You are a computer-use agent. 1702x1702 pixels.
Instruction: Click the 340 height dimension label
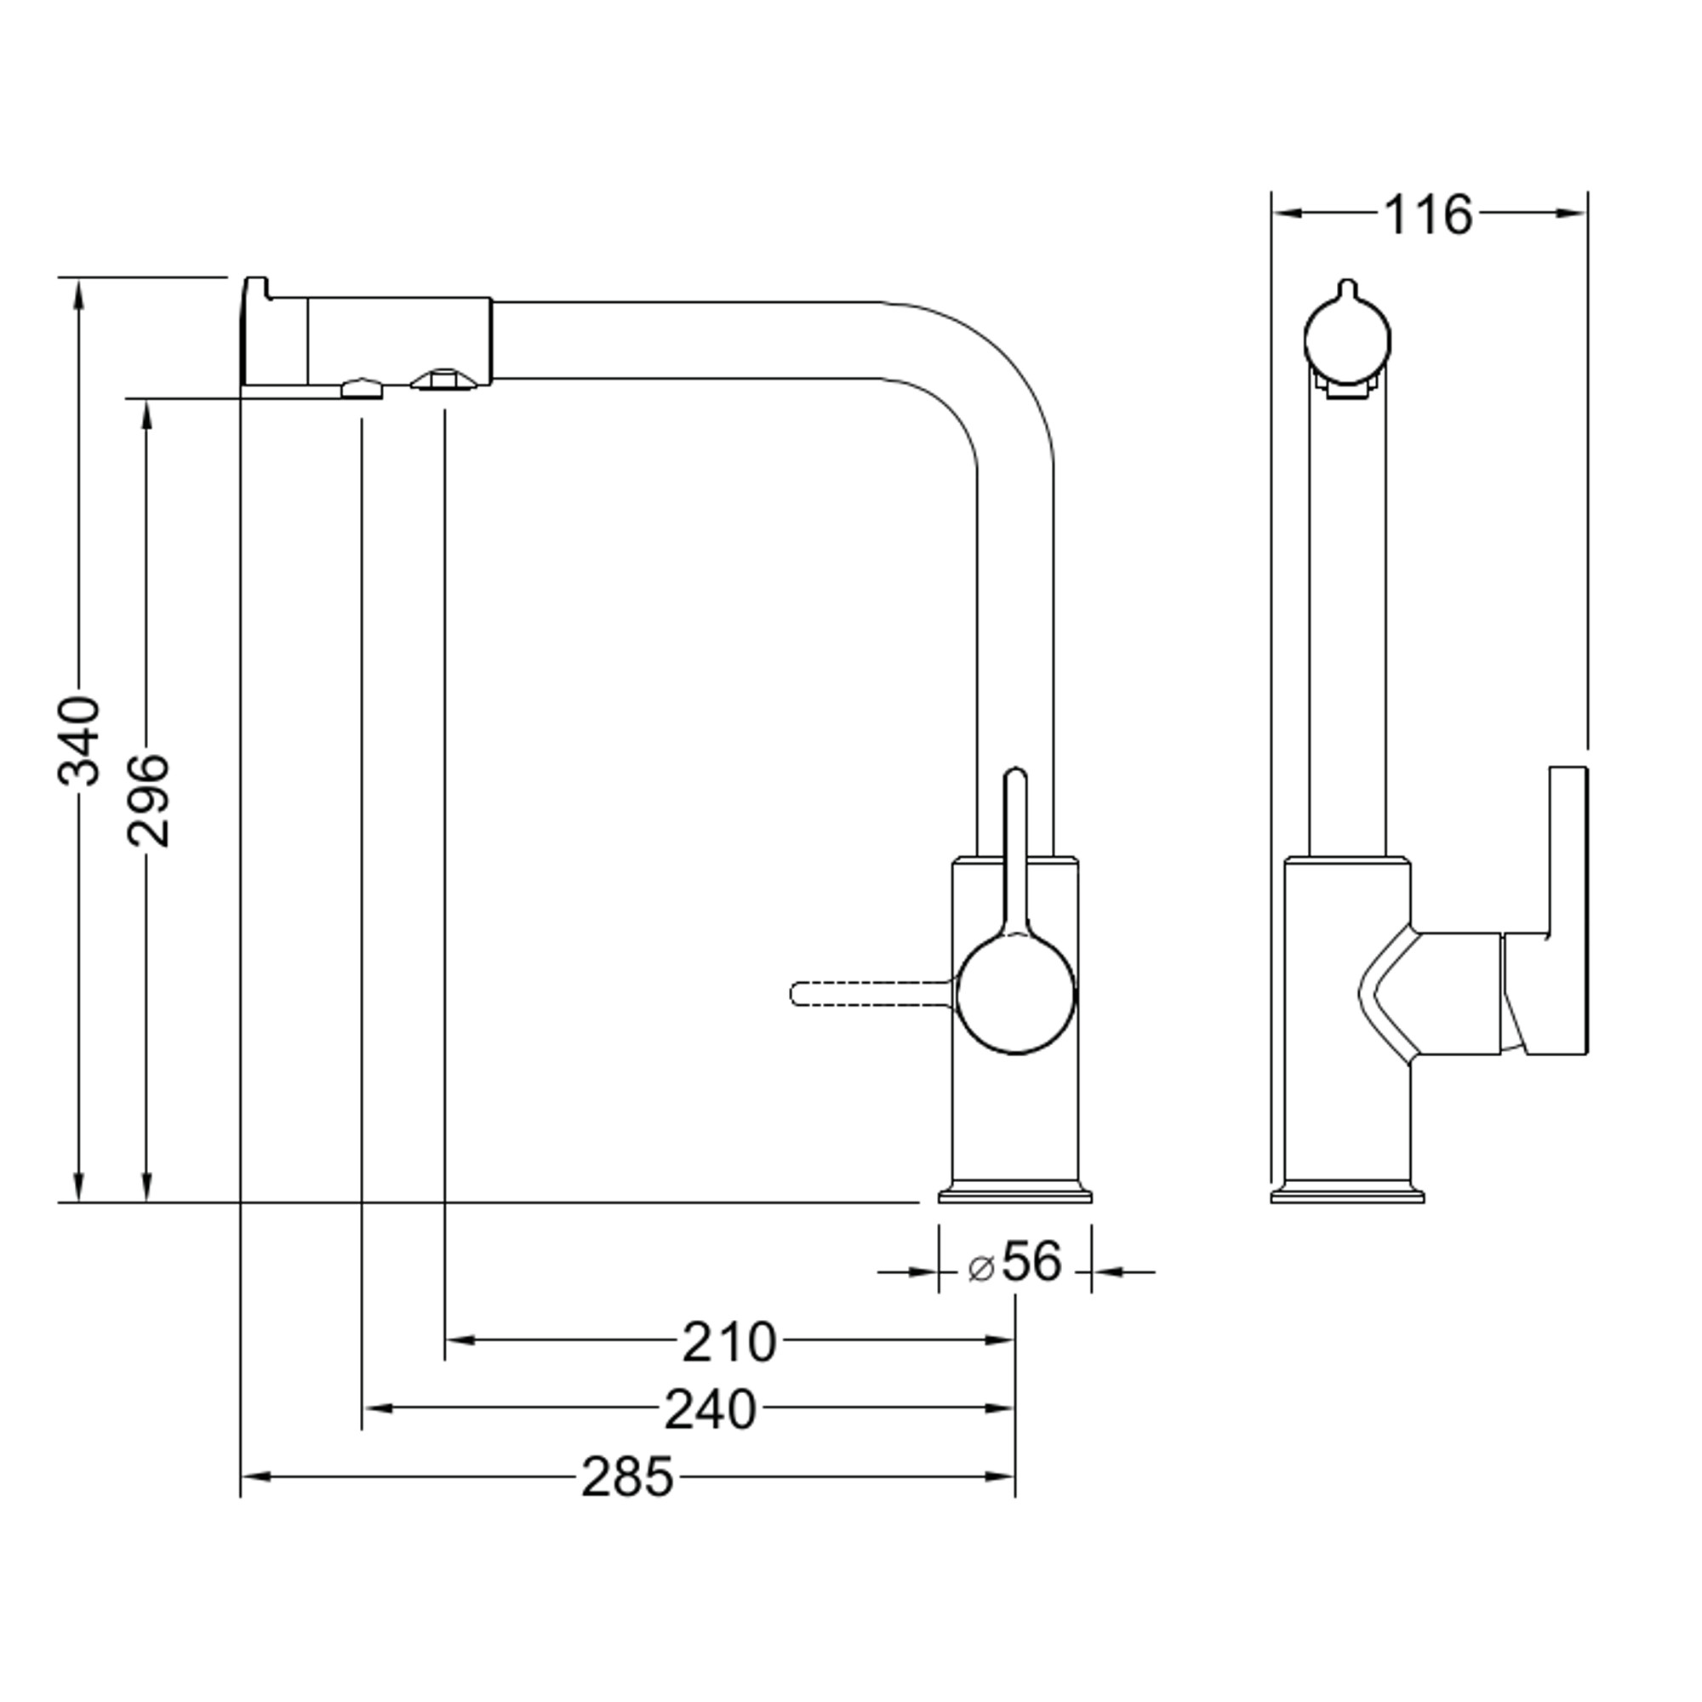pos(78,741)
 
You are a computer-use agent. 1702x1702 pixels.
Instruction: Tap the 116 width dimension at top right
pos(1427,215)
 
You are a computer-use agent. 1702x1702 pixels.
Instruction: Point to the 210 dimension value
pos(728,1342)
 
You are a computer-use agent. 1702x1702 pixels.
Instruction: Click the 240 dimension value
pos(710,1409)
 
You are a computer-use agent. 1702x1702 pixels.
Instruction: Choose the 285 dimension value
pos(627,1477)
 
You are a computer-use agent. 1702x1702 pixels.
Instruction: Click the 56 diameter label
pos(1032,1261)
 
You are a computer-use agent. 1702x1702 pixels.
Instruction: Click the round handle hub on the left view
pos(1016,995)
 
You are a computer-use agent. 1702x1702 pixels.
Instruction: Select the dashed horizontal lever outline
pos(872,994)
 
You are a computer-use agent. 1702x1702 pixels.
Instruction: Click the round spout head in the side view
pos(1347,340)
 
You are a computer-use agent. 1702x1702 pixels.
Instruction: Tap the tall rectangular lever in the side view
pos(1568,910)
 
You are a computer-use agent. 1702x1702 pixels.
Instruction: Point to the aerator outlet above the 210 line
pos(444,380)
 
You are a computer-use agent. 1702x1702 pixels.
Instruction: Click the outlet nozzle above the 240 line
pos(362,389)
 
